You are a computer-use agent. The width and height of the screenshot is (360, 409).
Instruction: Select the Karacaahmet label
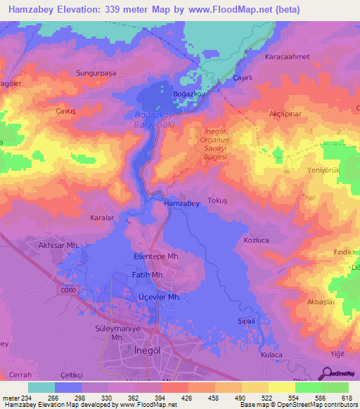point(287,56)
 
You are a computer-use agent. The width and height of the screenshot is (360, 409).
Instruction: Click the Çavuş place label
point(65,110)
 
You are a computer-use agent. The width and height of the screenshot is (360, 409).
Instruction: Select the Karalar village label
point(102,218)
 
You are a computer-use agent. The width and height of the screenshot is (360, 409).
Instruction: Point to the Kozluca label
point(257,240)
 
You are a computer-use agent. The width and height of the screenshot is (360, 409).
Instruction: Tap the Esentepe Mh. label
point(156,257)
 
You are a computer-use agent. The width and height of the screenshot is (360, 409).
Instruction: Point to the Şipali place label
point(246,320)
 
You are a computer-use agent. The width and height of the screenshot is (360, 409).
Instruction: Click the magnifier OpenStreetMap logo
point(328,374)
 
